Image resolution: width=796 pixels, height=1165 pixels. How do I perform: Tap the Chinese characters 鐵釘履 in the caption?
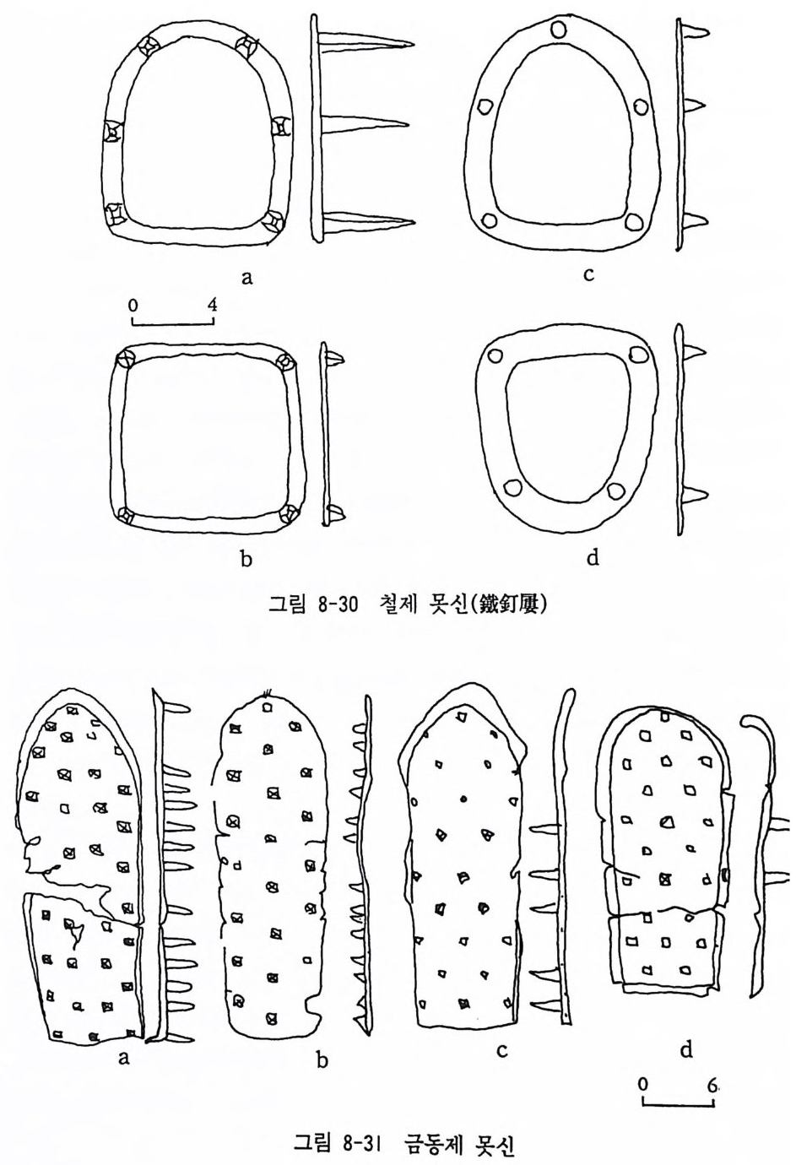click(511, 605)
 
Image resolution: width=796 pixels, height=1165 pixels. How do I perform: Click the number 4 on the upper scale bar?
click(212, 305)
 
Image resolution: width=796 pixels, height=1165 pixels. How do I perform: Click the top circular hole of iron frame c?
click(558, 31)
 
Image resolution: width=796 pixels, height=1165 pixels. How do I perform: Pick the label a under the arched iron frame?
click(246, 276)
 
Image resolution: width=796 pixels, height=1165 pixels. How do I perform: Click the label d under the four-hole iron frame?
click(593, 559)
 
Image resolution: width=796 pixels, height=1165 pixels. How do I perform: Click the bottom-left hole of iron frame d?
click(510, 487)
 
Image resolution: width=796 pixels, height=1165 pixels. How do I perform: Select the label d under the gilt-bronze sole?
click(685, 1049)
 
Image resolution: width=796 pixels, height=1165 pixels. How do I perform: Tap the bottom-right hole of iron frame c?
click(633, 221)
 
